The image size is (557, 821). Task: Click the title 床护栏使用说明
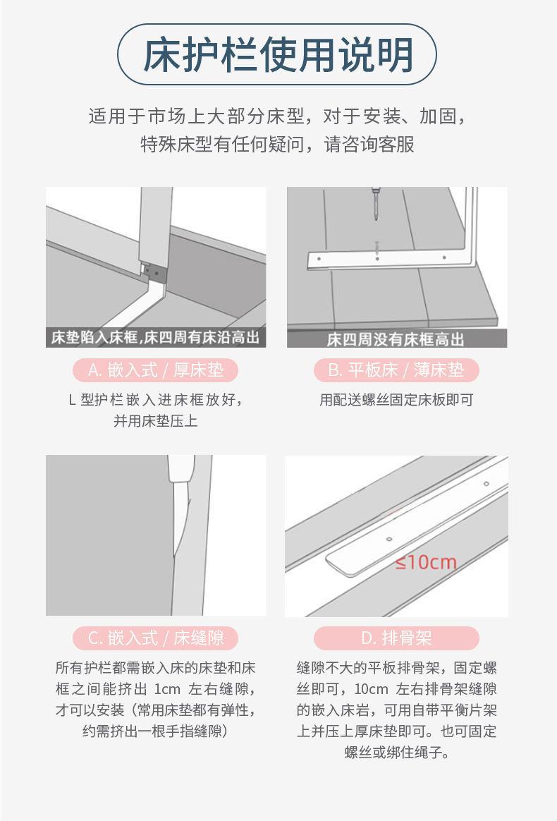tap(278, 54)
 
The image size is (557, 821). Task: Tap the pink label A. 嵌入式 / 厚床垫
tap(156, 370)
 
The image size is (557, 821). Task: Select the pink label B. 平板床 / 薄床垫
tap(396, 370)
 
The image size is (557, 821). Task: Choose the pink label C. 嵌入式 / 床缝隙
tap(156, 638)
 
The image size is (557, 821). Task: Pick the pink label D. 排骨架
tap(396, 638)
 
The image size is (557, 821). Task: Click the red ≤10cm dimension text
tap(426, 562)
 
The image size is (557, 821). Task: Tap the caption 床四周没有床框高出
tap(396, 339)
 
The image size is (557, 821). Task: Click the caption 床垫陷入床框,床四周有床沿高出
tap(156, 337)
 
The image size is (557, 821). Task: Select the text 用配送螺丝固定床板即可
tap(396, 400)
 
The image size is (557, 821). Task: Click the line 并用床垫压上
tap(156, 421)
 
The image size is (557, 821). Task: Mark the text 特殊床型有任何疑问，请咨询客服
tap(278, 144)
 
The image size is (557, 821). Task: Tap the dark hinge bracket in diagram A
tap(154, 272)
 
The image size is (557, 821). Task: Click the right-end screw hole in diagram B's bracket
tap(444, 257)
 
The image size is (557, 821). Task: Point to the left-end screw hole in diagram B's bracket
tap(319, 259)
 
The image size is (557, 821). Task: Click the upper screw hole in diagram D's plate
tap(486, 483)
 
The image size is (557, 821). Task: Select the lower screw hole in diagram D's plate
tap(389, 539)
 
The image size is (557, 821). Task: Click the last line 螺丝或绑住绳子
tap(396, 753)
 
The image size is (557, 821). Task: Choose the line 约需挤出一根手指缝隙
tap(156, 731)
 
